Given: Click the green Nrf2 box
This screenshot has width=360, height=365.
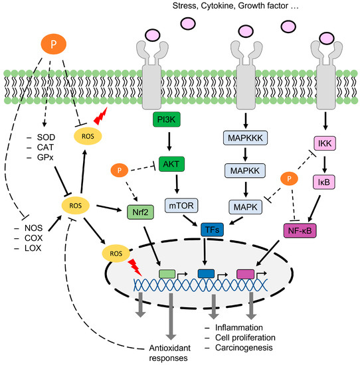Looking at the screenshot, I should coord(137,212).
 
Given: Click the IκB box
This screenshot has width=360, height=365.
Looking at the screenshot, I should coord(325,180).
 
